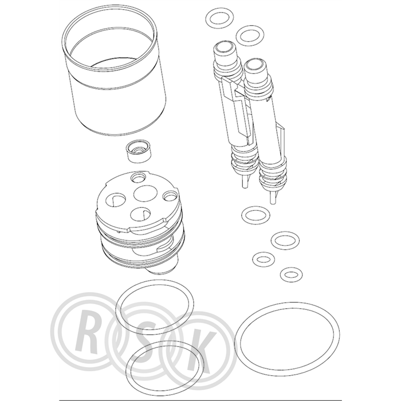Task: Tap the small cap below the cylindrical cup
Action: pos(139,152)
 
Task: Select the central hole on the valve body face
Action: pos(143,194)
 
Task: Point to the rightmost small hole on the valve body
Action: pos(171,196)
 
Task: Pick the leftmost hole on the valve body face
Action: pos(115,200)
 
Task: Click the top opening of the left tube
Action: pos(225,47)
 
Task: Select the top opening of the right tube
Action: pos(255,64)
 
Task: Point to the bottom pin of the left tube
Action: pos(245,182)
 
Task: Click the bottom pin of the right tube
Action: pos(273,197)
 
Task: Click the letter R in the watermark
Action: pos(87,333)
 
